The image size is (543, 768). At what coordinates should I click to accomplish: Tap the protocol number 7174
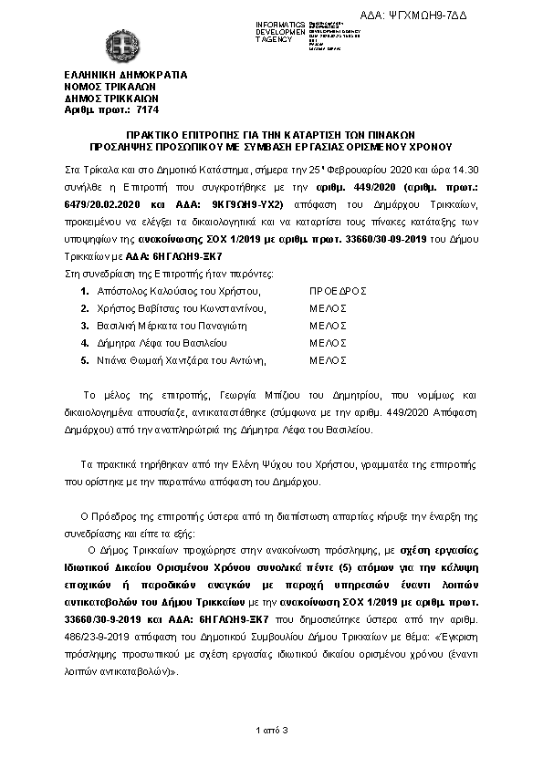coord(121,108)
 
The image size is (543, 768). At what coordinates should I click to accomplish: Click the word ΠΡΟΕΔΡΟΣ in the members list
coord(339,291)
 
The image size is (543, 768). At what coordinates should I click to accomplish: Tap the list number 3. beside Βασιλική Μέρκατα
coord(85,326)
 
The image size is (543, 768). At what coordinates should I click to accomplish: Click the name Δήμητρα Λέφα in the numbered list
coord(131,343)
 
